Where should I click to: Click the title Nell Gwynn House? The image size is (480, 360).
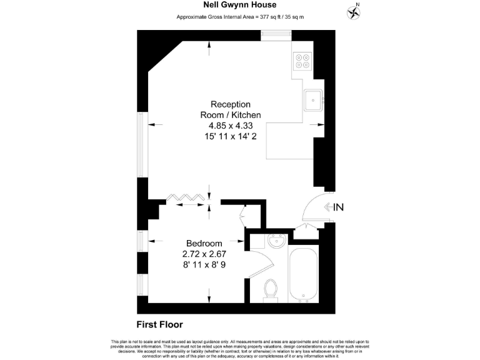point(239,5)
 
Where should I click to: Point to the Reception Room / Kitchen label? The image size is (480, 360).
point(231,109)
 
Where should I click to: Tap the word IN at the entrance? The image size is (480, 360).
point(338,207)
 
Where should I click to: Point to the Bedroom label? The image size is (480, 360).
point(204,243)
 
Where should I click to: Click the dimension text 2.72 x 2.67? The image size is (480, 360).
point(204,254)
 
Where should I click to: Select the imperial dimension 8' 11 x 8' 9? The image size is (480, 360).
point(204,264)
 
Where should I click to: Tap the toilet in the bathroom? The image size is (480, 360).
point(271,290)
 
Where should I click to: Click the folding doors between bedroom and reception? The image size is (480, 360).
point(186,198)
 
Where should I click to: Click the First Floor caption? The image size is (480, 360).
point(159,324)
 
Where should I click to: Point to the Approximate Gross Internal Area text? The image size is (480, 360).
point(239,16)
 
